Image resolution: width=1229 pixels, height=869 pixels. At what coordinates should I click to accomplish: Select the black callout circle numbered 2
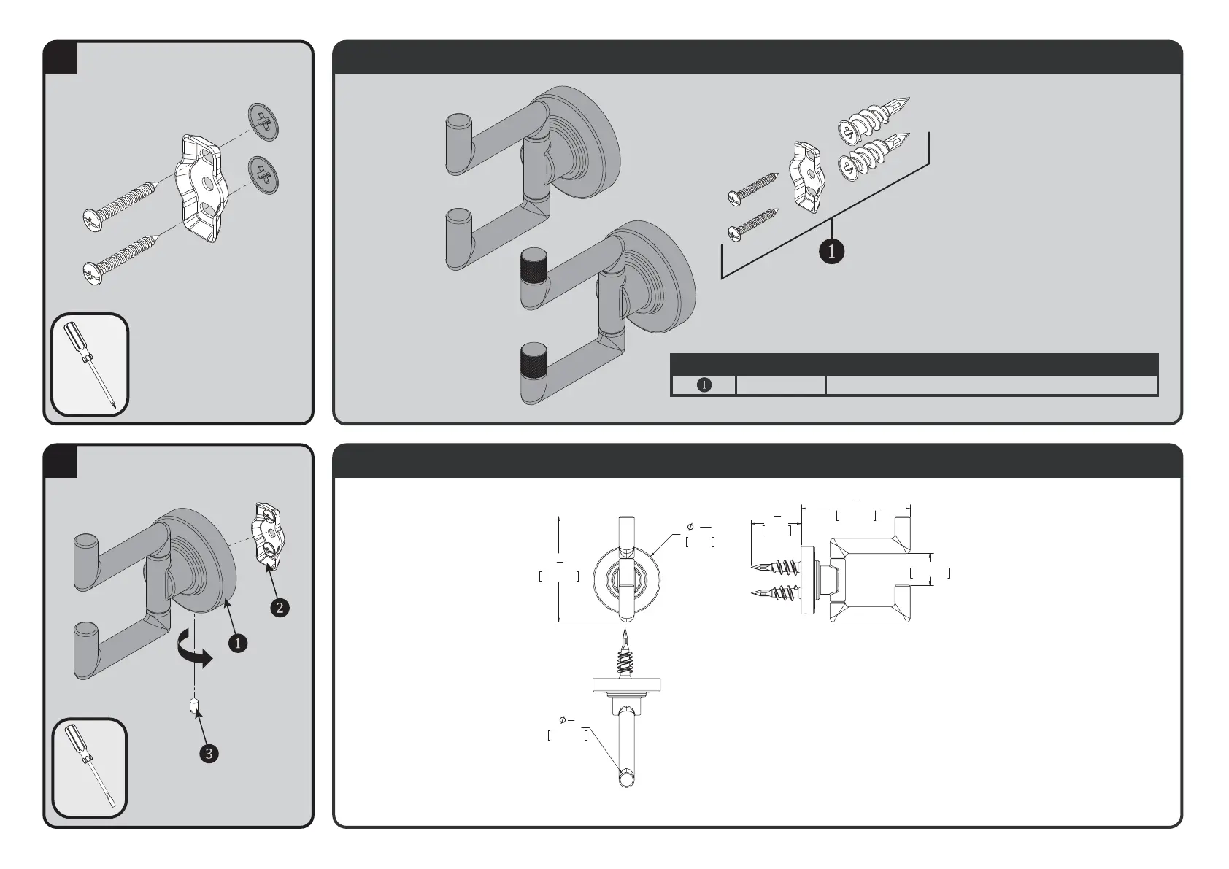(280, 607)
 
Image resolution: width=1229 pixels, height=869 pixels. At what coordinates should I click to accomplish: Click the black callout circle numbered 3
(209, 753)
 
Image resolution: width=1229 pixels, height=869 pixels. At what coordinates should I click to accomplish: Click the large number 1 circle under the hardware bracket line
(831, 251)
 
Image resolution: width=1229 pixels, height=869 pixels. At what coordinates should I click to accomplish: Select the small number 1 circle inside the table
(704, 385)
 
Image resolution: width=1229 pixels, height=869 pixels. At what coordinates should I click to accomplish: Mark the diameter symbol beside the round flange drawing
(690, 526)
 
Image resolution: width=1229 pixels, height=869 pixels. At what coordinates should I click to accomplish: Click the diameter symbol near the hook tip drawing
(563, 720)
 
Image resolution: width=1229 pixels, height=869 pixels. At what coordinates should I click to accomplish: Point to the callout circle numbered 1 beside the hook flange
(237, 643)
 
